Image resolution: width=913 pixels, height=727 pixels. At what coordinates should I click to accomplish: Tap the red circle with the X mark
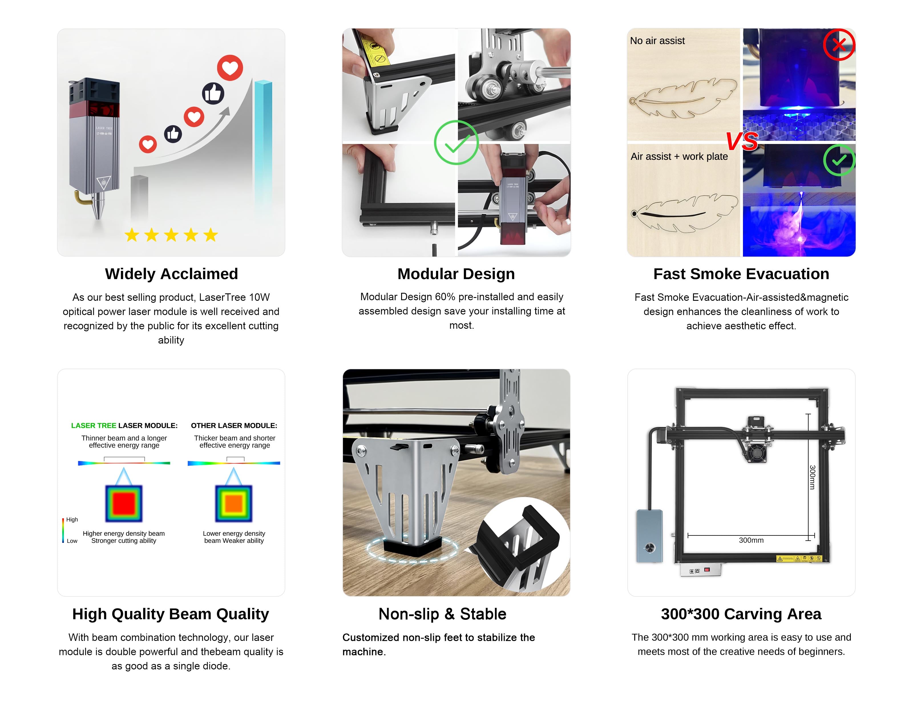(839, 44)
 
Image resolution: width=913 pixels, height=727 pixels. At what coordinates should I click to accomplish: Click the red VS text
(742, 141)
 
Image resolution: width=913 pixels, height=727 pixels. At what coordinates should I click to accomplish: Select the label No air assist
(657, 40)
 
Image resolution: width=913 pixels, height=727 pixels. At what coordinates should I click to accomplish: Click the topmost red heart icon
(230, 68)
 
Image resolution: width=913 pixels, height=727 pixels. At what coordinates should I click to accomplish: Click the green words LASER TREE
(94, 426)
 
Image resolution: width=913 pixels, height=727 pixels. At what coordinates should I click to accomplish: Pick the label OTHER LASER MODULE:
(234, 426)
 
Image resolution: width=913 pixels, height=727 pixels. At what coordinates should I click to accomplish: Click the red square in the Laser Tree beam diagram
(124, 503)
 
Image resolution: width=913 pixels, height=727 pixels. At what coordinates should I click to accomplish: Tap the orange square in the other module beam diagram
(234, 503)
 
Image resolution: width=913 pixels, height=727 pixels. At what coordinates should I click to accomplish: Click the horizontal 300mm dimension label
(751, 540)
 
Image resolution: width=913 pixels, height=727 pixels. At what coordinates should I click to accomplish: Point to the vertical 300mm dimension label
(812, 477)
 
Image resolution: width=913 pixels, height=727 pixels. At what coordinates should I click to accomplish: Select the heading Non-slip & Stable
(443, 614)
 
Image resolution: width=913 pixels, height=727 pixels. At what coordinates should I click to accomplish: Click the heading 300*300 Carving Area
(741, 614)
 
